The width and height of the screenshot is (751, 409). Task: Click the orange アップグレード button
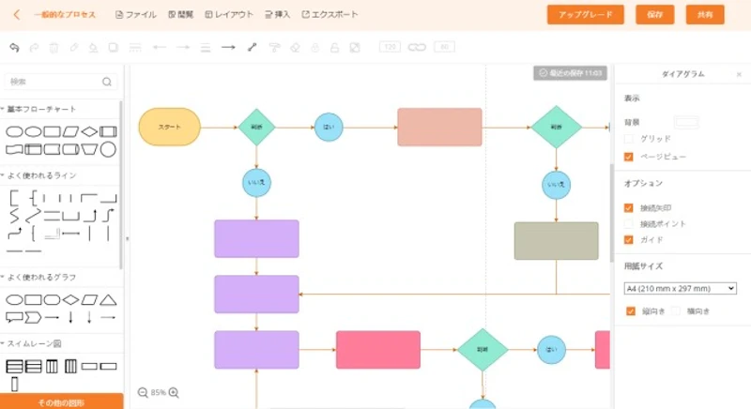coord(585,14)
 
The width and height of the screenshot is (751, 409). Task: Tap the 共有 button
coord(705,14)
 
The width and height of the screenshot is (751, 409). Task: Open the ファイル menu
coord(135,15)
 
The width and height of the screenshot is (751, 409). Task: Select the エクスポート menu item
coord(330,15)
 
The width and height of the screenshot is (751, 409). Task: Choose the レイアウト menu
coord(229,15)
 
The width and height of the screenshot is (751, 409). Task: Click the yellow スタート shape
coord(170,127)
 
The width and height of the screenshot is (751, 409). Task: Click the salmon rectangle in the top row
coord(439,127)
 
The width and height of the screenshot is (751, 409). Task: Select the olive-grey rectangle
coord(556,241)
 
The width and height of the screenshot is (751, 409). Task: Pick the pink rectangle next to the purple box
coord(378,350)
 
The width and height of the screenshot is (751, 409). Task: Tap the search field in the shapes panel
coord(56,82)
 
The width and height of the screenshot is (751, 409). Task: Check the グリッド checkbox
coord(629,139)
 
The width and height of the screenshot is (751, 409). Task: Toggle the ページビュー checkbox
coord(629,157)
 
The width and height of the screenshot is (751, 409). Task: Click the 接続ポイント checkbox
coord(629,224)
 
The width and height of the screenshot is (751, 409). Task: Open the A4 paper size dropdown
coord(680,288)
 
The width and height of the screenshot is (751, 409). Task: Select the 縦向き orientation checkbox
coord(631,311)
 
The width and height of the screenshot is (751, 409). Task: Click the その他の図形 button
coord(62,402)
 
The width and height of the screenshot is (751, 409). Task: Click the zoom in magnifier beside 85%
coord(174,393)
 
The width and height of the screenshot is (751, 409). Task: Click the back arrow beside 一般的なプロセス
coord(16,15)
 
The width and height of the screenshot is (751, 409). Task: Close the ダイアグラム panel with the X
coord(739,74)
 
